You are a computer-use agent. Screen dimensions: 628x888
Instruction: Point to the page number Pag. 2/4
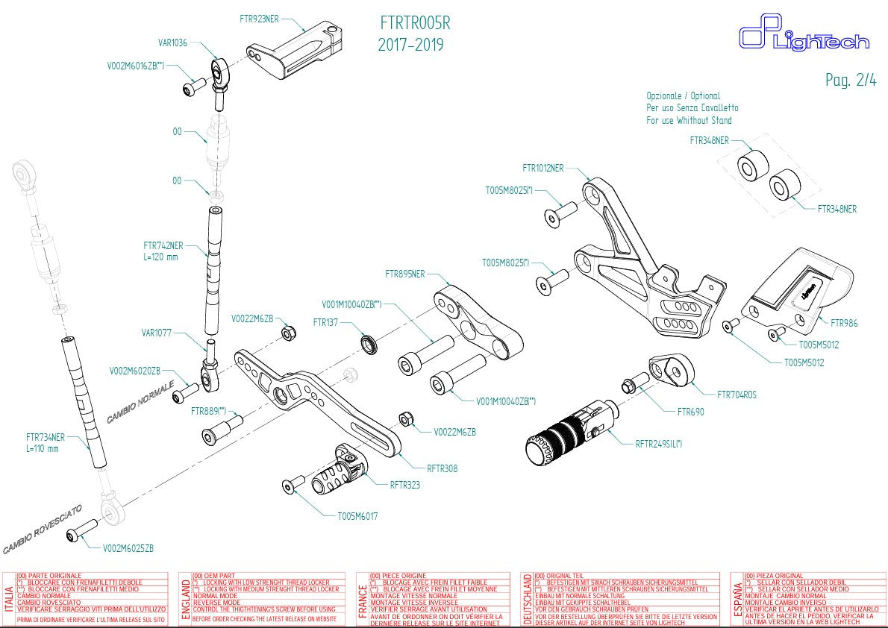(x=851, y=81)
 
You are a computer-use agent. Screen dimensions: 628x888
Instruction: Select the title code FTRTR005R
(x=415, y=23)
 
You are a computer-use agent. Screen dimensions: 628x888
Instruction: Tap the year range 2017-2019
(x=410, y=45)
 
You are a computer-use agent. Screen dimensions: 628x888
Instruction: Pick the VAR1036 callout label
(x=173, y=43)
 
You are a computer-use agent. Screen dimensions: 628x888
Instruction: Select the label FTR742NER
(x=163, y=245)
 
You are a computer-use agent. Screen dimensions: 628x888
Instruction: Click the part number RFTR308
(x=443, y=468)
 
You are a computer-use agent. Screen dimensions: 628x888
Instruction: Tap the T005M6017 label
(x=357, y=515)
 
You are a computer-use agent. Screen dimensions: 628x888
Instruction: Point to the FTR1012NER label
(x=543, y=168)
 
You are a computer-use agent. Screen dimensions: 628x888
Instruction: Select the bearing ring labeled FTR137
(x=369, y=343)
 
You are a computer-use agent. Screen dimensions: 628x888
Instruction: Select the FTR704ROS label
(x=737, y=395)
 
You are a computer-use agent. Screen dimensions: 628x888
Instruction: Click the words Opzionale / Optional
(x=683, y=95)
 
